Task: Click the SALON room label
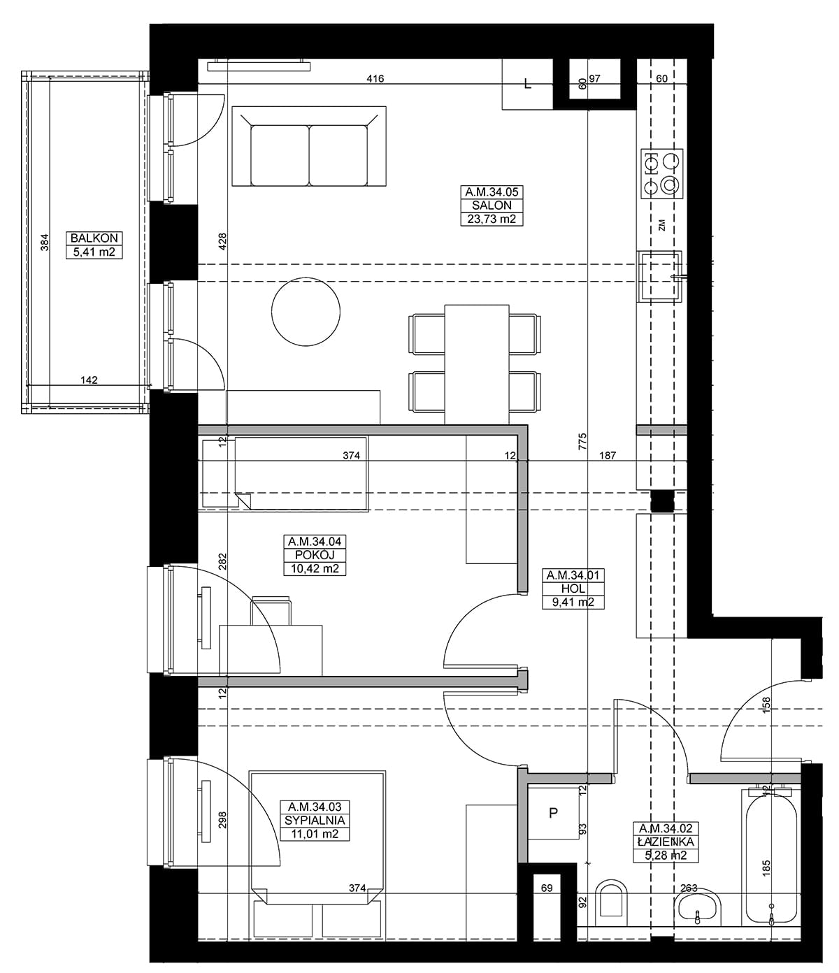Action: click(492, 206)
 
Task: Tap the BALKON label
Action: click(94, 238)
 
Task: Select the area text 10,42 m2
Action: click(315, 568)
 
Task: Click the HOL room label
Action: click(573, 589)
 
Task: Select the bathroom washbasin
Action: click(697, 911)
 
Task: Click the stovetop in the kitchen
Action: click(661, 173)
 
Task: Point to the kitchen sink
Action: click(659, 276)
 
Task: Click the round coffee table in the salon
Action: click(306, 312)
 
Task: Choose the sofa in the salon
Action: click(309, 146)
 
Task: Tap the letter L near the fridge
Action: click(528, 85)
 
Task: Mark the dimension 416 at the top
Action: click(375, 78)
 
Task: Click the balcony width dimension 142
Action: click(89, 380)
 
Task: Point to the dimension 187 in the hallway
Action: click(608, 456)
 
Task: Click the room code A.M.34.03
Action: click(315, 807)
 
